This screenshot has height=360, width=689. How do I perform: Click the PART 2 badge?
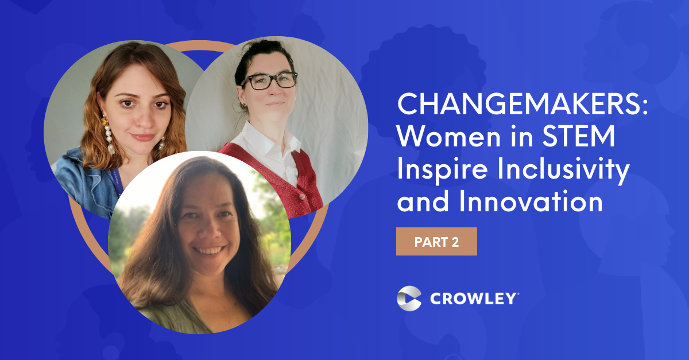point(436,242)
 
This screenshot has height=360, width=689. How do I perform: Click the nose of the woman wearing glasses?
point(270,92)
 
